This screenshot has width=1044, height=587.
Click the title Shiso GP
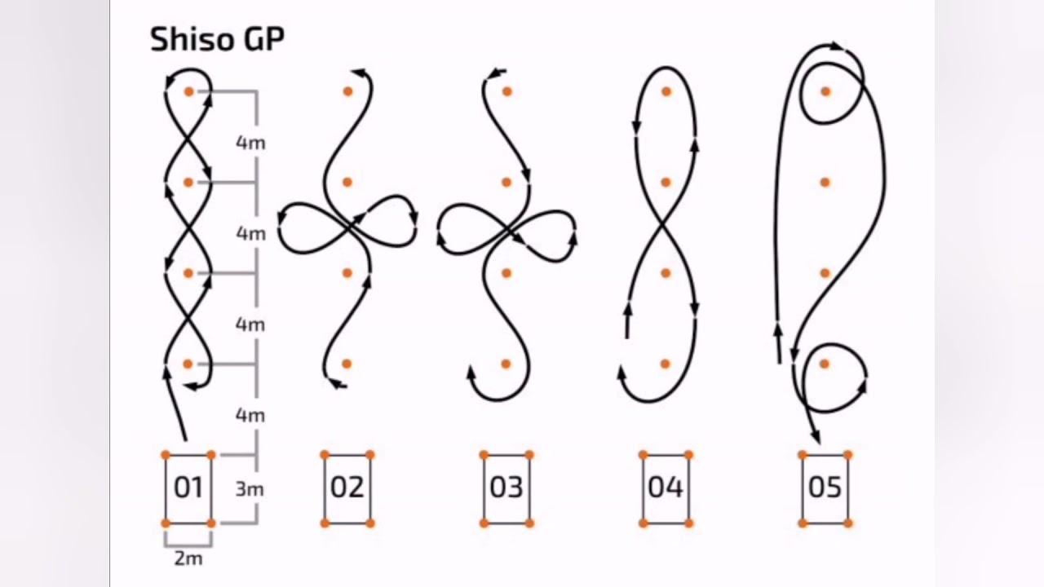point(217,40)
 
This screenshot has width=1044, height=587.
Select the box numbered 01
point(188,489)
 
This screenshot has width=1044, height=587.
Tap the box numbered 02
point(347,489)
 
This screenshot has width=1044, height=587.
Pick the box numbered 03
point(507,489)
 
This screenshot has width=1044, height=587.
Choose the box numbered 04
point(666,489)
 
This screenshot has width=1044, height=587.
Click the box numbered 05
point(825,489)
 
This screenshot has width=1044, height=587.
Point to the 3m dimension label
point(250,489)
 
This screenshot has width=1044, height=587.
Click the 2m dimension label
point(188,558)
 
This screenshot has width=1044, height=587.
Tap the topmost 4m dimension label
point(250,143)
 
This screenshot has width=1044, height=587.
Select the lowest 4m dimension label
point(250,415)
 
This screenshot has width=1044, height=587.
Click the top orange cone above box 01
point(188,92)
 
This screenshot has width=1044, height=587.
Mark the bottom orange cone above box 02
point(347,364)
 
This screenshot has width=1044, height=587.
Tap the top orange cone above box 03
point(507,92)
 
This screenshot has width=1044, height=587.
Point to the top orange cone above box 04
point(666,92)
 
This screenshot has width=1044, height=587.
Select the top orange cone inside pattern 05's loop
point(826,92)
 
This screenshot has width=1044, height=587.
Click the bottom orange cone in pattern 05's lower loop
point(825,364)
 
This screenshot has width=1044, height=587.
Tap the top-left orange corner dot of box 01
point(166,455)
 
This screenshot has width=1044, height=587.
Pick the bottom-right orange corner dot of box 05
point(849,523)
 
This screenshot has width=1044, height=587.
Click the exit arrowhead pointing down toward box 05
point(816,436)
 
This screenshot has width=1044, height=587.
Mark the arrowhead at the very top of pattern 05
point(837,46)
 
